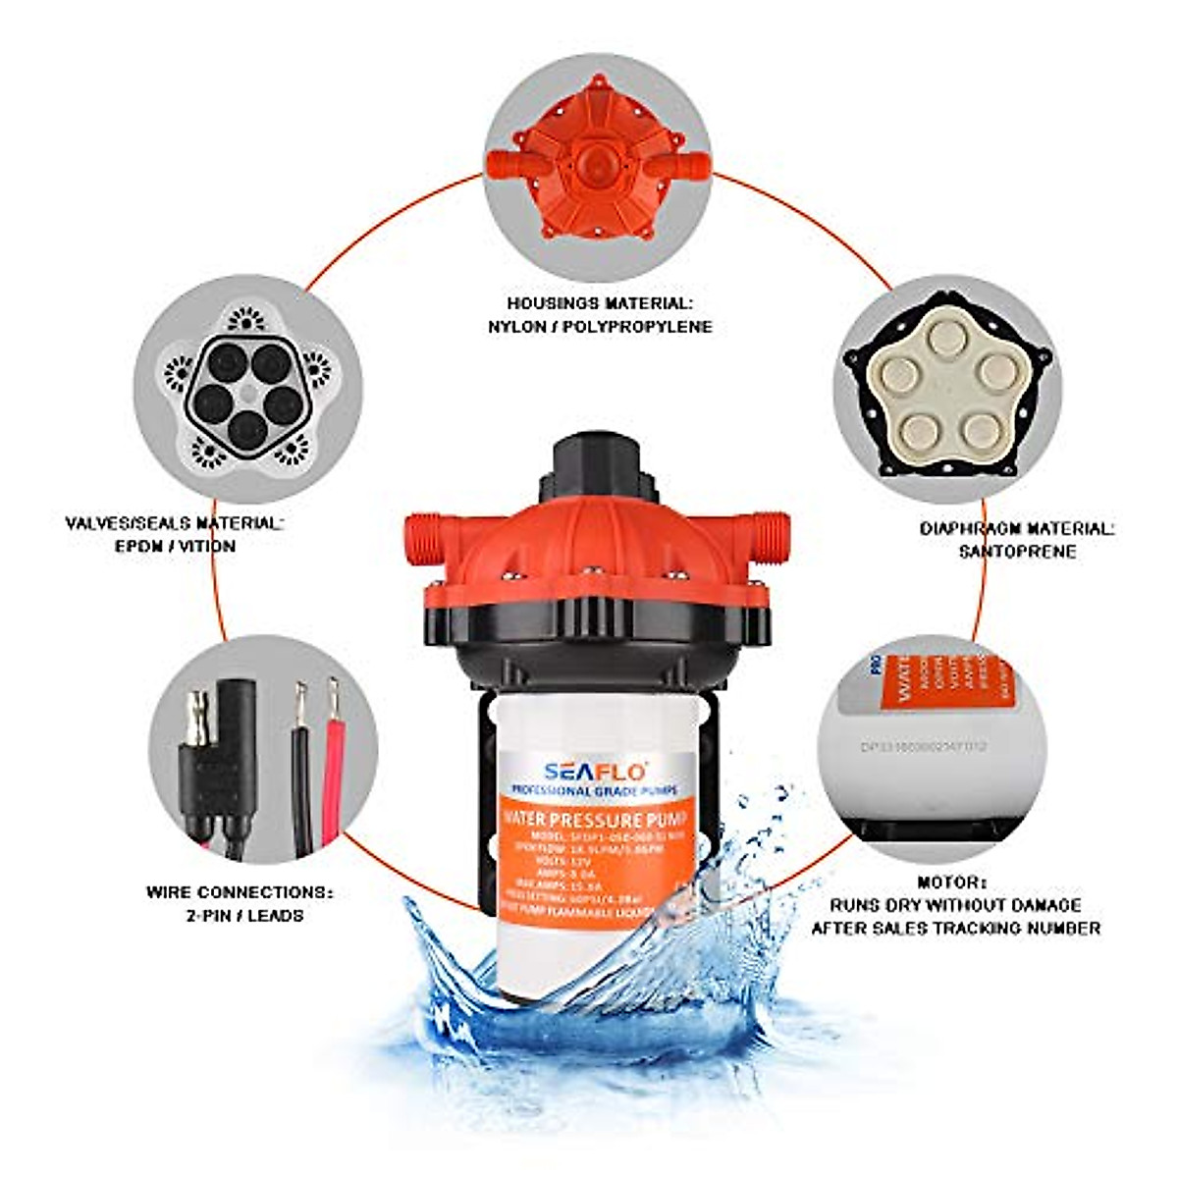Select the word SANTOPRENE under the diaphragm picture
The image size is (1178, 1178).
tap(1017, 551)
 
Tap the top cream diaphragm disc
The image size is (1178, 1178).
tap(947, 339)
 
